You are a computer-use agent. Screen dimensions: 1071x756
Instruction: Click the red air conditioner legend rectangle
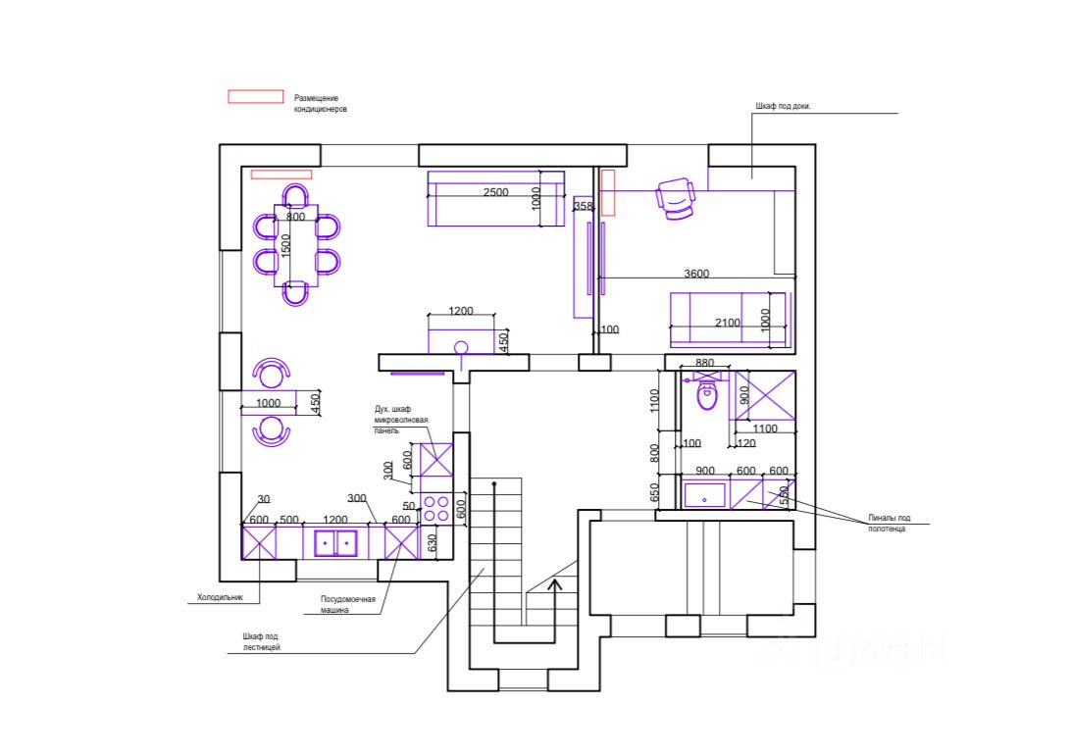click(x=255, y=97)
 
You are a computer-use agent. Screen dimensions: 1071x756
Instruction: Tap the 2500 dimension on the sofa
click(x=495, y=192)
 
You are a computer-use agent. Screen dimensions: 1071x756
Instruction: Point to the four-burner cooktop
click(x=436, y=508)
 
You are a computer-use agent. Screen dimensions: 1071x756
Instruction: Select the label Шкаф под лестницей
click(x=263, y=642)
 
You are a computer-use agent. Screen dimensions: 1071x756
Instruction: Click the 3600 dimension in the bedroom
click(x=696, y=275)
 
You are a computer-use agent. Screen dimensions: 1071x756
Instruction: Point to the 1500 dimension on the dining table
click(x=285, y=246)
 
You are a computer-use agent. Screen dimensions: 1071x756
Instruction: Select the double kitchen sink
click(x=336, y=541)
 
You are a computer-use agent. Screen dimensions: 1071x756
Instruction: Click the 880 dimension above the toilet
click(x=704, y=364)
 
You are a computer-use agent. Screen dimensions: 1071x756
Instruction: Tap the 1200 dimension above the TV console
click(x=460, y=311)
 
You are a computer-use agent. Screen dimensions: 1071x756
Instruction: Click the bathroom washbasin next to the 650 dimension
click(x=704, y=494)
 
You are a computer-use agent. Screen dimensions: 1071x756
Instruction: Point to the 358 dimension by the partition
click(x=584, y=206)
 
